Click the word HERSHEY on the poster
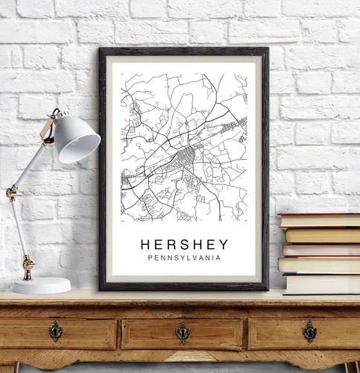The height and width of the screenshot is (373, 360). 184,245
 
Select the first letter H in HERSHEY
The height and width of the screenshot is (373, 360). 145,245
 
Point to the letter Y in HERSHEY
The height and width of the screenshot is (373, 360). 224,245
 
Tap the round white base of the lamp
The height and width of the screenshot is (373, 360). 41,285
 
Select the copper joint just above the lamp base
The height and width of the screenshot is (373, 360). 28,263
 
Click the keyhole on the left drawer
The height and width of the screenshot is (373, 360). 55,331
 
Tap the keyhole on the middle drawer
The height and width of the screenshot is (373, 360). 183,331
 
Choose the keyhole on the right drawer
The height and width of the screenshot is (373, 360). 309,331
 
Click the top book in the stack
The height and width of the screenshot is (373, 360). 319,220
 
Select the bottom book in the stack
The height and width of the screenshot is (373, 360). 322,284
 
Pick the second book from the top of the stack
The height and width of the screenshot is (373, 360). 322,235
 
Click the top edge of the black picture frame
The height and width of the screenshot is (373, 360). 183,51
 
